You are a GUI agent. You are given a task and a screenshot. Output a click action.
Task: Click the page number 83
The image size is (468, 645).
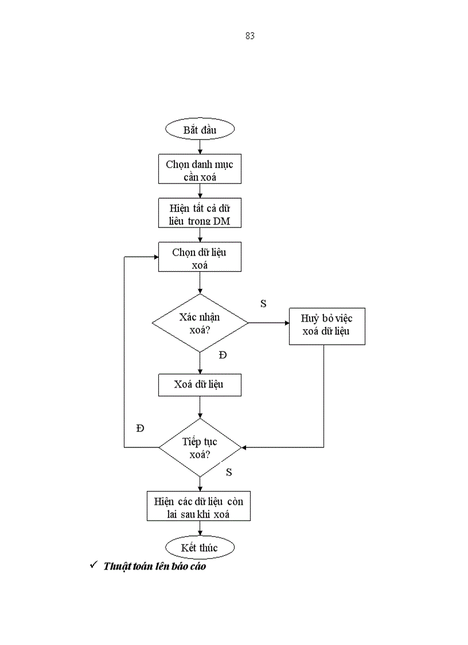(249, 36)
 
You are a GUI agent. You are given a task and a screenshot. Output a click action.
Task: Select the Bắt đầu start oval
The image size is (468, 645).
(200, 129)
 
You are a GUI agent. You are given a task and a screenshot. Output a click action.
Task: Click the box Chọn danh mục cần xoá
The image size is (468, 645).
(200, 171)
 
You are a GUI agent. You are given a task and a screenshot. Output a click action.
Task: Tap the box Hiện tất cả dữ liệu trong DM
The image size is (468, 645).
(200, 214)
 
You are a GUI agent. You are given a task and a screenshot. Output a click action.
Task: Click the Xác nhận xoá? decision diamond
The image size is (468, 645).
(200, 323)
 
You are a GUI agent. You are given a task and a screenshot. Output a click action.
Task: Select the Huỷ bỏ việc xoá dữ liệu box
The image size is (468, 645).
(326, 326)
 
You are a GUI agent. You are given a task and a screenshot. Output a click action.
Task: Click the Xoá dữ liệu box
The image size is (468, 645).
(200, 384)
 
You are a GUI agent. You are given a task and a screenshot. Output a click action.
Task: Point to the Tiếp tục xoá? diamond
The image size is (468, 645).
(200, 447)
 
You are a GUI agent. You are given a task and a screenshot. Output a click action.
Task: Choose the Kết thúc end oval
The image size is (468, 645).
(200, 547)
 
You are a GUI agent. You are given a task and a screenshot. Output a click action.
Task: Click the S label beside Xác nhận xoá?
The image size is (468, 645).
(263, 304)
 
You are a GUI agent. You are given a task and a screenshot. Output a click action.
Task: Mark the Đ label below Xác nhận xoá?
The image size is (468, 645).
(223, 356)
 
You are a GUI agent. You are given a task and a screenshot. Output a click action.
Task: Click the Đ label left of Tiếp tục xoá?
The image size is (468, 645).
(140, 428)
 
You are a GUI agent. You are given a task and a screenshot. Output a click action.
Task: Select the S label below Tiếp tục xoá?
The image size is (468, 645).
(228, 472)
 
